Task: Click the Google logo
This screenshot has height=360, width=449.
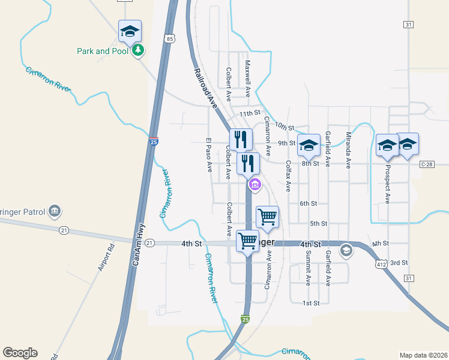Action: coord(20,353)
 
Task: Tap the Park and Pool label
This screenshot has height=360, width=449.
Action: coord(103,51)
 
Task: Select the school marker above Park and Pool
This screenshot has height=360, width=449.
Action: coord(130,31)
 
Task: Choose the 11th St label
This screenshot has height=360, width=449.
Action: coord(250,113)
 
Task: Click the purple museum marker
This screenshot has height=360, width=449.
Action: coord(255,185)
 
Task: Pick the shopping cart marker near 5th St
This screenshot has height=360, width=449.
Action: coord(267,216)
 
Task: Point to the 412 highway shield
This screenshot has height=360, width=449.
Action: coord(380,263)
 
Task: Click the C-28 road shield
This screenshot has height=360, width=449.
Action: coord(427,164)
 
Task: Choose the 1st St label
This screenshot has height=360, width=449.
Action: coord(310,303)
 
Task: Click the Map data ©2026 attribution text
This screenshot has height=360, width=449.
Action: coord(424,355)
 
